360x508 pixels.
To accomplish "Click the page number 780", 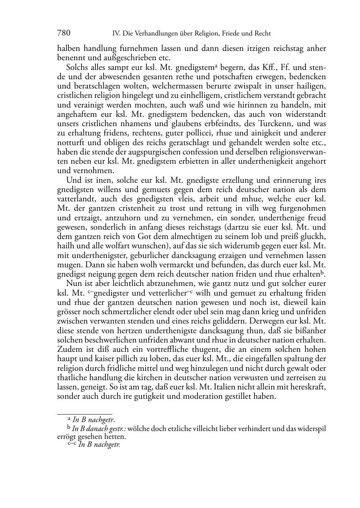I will point(63,33).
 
